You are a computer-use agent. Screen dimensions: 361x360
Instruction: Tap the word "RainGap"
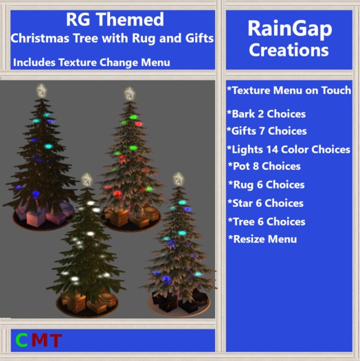point(289,30)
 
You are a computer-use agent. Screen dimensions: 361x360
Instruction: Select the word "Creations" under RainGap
point(289,50)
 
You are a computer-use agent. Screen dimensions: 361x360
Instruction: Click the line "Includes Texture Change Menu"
point(91,63)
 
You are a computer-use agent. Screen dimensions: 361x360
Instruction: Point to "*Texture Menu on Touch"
point(289,91)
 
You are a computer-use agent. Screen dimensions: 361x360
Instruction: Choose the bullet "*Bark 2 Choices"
point(266,114)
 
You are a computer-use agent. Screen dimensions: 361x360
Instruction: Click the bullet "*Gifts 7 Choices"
point(267,131)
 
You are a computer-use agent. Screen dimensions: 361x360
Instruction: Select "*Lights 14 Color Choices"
point(289,149)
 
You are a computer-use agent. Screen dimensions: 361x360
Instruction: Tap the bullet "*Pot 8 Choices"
point(264,166)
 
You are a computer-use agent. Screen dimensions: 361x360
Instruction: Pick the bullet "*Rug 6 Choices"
point(266,185)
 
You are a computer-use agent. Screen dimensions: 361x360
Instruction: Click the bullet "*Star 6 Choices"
point(265,204)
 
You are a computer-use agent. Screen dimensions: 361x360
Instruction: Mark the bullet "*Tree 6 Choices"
point(266,221)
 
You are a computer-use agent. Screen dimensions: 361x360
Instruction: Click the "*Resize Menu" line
point(262,239)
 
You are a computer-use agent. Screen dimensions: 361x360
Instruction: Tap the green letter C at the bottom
point(22,340)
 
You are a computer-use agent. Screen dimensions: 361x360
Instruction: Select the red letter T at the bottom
point(55,340)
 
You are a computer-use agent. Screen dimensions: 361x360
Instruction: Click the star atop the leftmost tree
point(42,89)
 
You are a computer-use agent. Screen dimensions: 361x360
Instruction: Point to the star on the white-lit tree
point(87,180)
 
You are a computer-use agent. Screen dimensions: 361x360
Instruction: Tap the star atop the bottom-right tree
point(179,179)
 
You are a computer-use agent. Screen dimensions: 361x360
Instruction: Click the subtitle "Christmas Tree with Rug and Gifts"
point(112,39)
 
